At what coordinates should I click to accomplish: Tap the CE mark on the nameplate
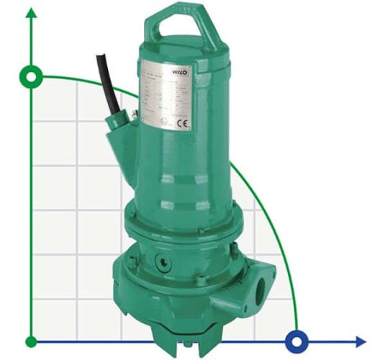[184, 123]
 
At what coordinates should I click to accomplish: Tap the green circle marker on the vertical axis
[31, 76]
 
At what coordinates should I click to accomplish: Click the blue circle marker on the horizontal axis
[296, 341]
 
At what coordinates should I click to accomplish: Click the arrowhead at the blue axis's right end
[360, 341]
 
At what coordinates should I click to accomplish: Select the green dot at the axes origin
[31, 341]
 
